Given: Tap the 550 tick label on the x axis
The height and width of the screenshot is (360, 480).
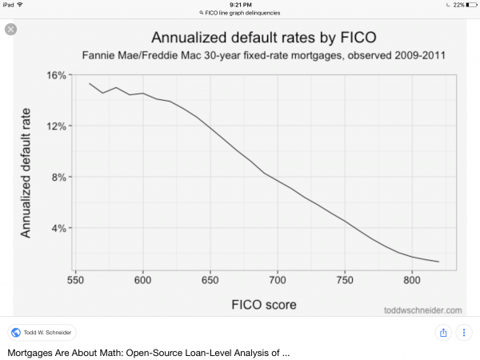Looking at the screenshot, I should pyautogui.click(x=75, y=281).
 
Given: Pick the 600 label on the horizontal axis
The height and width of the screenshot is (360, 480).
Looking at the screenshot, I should pyautogui.click(x=142, y=281).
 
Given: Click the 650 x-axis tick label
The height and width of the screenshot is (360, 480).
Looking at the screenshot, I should pyautogui.click(x=210, y=281).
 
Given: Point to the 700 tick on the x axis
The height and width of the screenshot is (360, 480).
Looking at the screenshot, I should pyautogui.click(x=277, y=281).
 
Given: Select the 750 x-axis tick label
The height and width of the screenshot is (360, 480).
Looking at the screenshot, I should pyautogui.click(x=344, y=281).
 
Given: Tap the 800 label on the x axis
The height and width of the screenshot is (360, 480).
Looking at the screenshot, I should pyautogui.click(x=411, y=281).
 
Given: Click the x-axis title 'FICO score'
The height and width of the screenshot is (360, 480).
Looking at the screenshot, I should pyautogui.click(x=265, y=304).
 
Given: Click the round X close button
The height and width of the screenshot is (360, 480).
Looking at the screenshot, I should pyautogui.click(x=10, y=29).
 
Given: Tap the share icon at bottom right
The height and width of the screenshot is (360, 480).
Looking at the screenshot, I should pyautogui.click(x=442, y=332).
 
